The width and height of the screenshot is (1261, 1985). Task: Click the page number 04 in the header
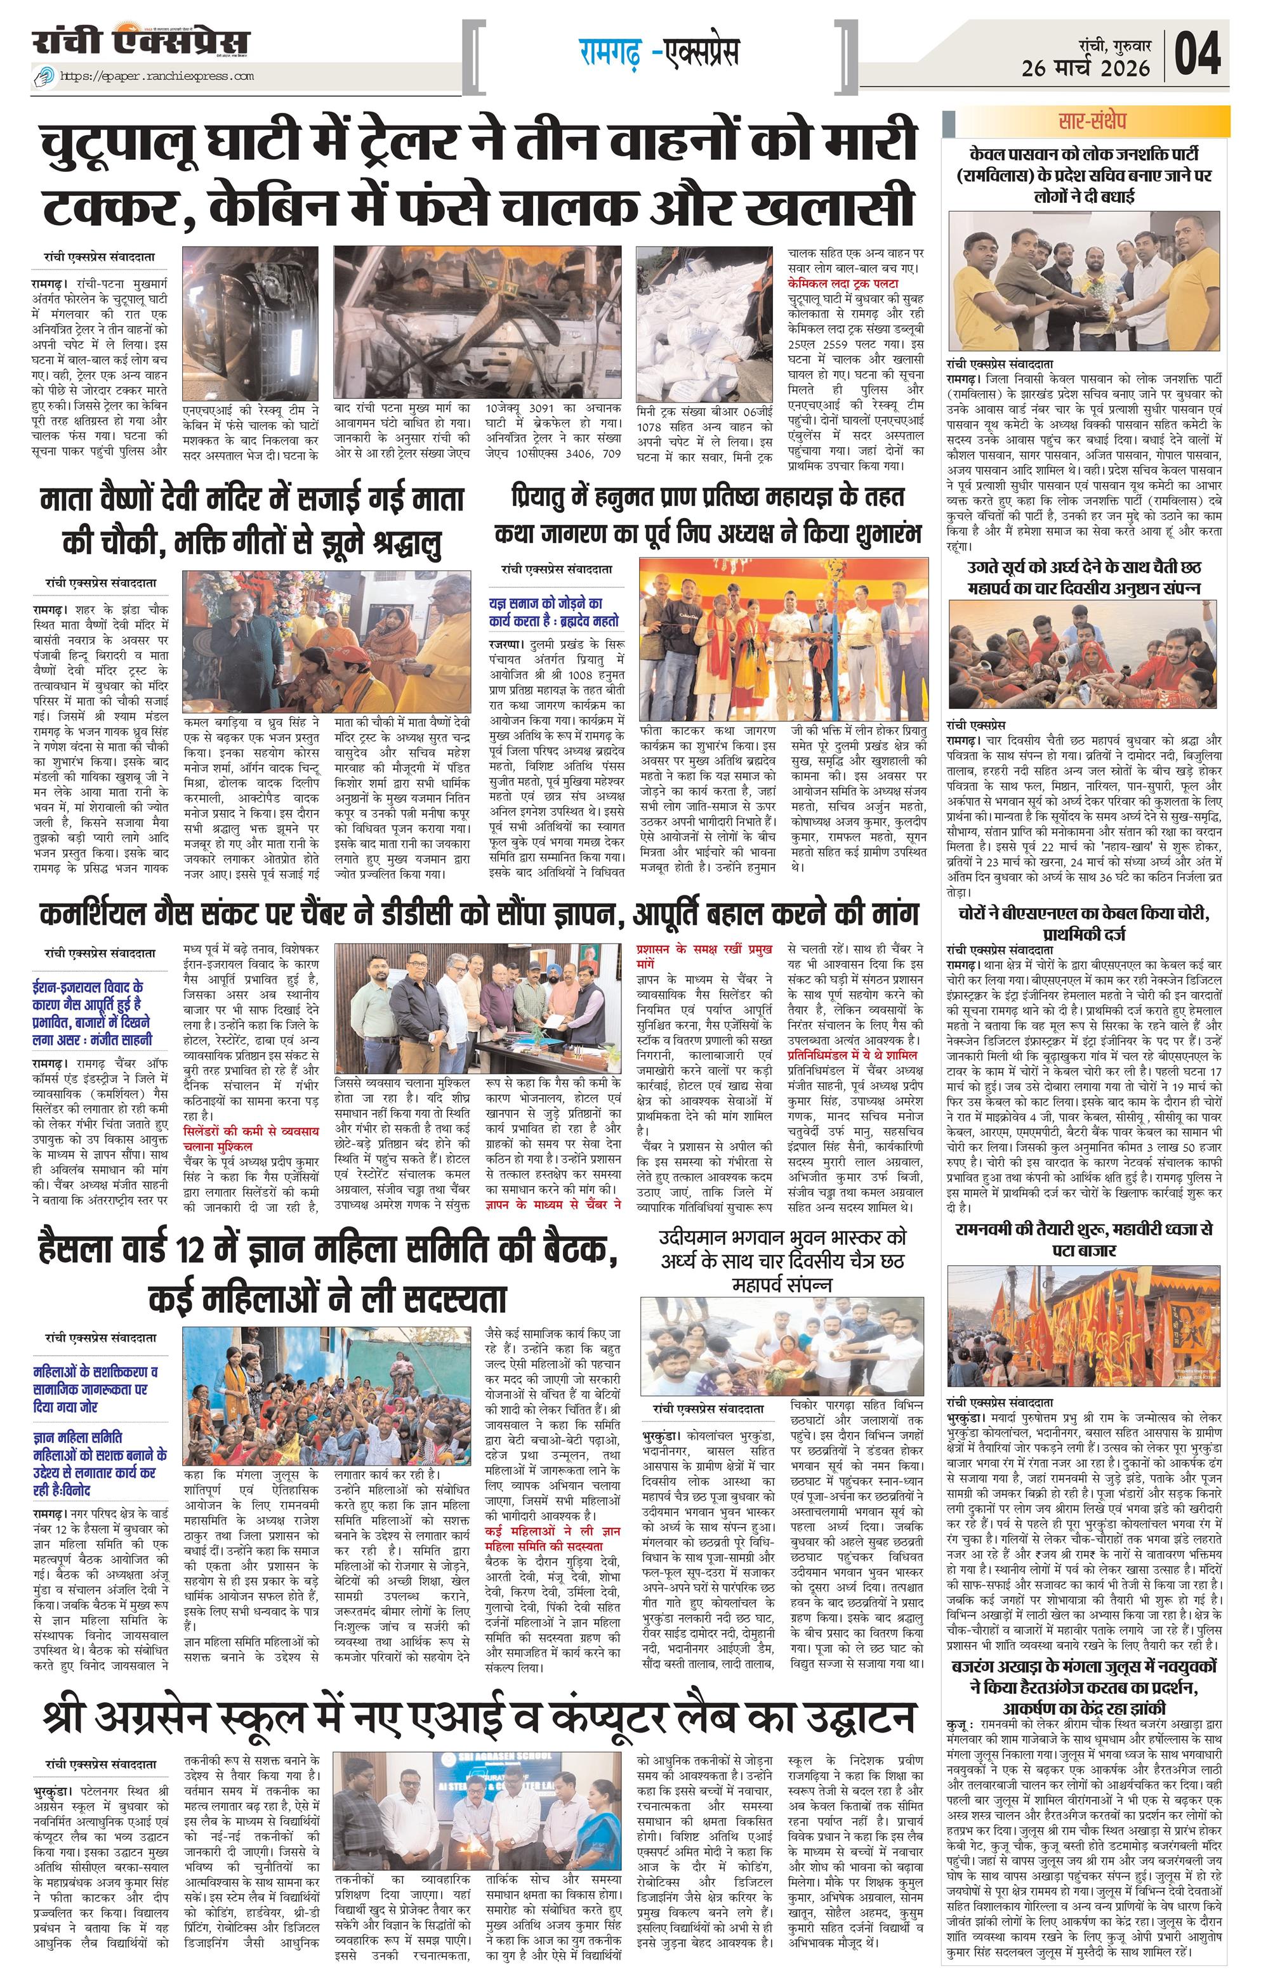click(x=1198, y=55)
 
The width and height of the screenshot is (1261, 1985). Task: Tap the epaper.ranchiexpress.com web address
click(x=157, y=77)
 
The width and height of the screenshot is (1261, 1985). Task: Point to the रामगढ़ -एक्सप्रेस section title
click(x=657, y=52)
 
